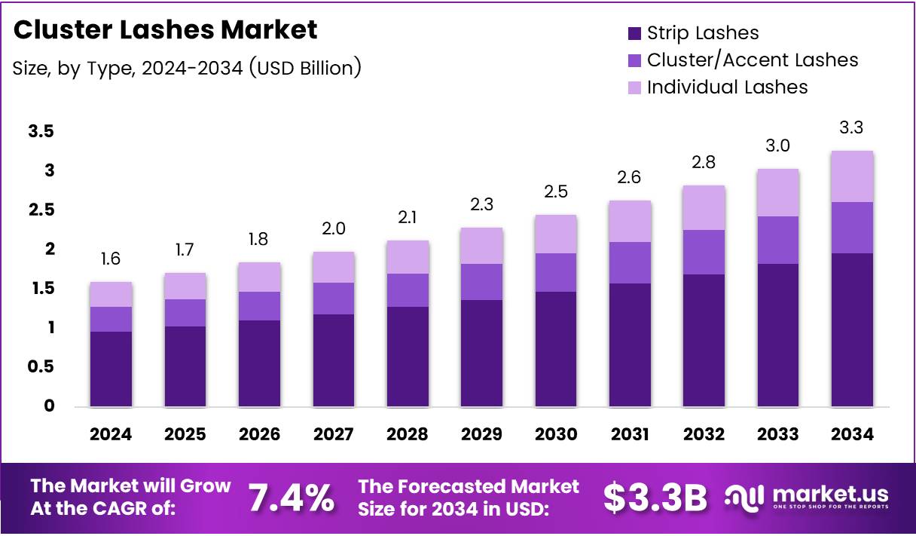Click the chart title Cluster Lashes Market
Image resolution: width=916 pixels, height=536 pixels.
(165, 29)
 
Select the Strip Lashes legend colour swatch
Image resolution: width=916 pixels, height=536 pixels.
(634, 33)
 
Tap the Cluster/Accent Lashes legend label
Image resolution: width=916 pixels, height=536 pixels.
(752, 60)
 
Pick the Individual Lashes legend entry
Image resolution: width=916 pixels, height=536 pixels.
(727, 87)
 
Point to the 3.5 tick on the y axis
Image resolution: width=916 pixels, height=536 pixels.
(41, 132)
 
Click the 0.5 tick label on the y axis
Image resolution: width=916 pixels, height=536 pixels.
(41, 367)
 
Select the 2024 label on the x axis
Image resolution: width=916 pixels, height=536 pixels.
(111, 434)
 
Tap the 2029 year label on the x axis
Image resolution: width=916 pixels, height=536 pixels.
(481, 434)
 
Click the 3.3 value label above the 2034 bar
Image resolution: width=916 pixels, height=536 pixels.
(851, 128)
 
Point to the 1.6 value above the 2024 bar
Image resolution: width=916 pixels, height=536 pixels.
(111, 259)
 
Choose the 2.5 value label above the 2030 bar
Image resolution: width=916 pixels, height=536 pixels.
(555, 191)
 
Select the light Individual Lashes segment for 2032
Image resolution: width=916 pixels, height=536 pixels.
(703, 207)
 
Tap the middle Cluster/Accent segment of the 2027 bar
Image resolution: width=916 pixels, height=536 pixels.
(333, 299)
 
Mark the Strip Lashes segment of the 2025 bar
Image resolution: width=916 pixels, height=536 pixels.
(185, 366)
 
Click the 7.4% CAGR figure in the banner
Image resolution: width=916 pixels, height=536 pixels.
(291, 498)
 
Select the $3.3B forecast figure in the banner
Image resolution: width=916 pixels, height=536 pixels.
(655, 498)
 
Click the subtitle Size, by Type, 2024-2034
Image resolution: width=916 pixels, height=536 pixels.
(187, 68)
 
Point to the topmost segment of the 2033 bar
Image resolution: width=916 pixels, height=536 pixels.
(777, 192)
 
